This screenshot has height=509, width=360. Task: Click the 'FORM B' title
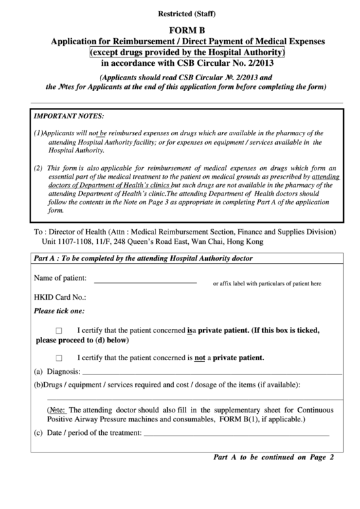click(181, 31)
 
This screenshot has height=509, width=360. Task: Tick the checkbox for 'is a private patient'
click(59, 330)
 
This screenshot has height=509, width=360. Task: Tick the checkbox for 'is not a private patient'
click(59, 358)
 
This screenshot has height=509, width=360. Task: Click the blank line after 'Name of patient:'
click(145, 281)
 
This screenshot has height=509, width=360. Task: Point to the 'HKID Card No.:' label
click(60, 297)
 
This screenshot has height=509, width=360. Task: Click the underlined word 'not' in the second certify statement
click(200, 357)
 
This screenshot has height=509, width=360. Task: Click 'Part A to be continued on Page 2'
click(274, 457)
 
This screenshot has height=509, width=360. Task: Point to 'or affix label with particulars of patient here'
click(267, 283)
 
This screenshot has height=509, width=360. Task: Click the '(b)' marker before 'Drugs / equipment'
click(39, 385)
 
